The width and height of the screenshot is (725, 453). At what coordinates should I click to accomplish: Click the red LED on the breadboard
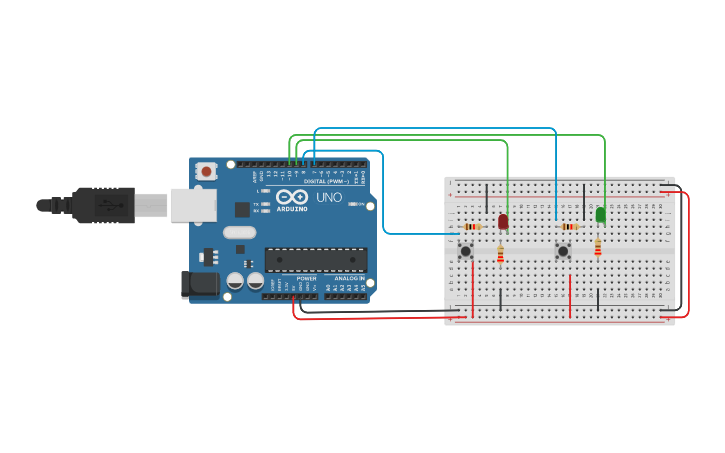pos(503,221)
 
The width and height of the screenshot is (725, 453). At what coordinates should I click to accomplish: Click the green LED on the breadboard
pos(600,214)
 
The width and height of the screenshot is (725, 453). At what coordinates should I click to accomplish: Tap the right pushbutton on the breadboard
pos(563,250)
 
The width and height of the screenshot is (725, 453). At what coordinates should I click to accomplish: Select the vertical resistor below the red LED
pos(500,254)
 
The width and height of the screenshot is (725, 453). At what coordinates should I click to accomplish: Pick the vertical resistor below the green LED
pos(598,247)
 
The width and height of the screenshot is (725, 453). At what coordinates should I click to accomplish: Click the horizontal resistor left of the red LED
pos(473,227)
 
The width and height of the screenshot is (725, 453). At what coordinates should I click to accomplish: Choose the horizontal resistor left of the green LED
pos(570,227)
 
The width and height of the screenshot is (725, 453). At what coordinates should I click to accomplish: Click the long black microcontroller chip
pos(316,260)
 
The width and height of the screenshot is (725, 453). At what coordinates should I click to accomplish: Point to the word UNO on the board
pos(329,198)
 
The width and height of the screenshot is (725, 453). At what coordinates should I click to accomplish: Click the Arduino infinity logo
pos(292,197)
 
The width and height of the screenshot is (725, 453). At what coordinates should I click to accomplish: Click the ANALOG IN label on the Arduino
pos(347,278)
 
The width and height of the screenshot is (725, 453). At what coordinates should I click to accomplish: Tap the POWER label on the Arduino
pos(306,278)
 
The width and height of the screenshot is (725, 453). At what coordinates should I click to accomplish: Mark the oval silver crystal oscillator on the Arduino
pos(240,233)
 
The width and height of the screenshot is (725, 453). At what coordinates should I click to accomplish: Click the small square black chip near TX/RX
pos(242,209)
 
